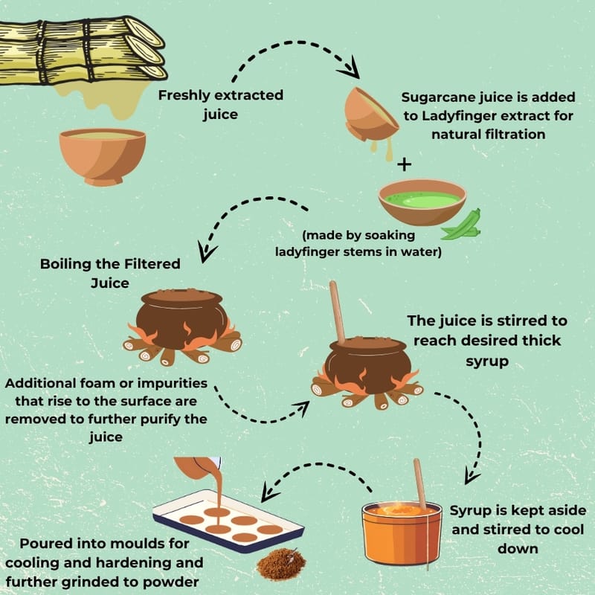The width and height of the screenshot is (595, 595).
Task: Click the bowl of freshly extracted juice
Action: click(103, 156)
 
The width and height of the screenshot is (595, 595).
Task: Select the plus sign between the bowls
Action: click(404, 164)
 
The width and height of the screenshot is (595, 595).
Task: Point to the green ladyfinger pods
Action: click(462, 226)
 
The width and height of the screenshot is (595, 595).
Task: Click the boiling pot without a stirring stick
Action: click(182, 327)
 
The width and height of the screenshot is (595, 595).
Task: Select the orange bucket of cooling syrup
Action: click(402, 533)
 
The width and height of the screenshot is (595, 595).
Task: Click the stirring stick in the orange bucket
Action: click(419, 485)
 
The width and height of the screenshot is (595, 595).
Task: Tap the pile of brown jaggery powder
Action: click(281, 565)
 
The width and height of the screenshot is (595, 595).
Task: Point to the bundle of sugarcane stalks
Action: click(82, 51)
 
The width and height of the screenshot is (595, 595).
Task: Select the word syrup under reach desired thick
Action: click(487, 361)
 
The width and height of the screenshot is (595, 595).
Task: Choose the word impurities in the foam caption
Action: click(173, 384)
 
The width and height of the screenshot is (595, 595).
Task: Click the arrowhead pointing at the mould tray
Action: click(268, 493)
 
